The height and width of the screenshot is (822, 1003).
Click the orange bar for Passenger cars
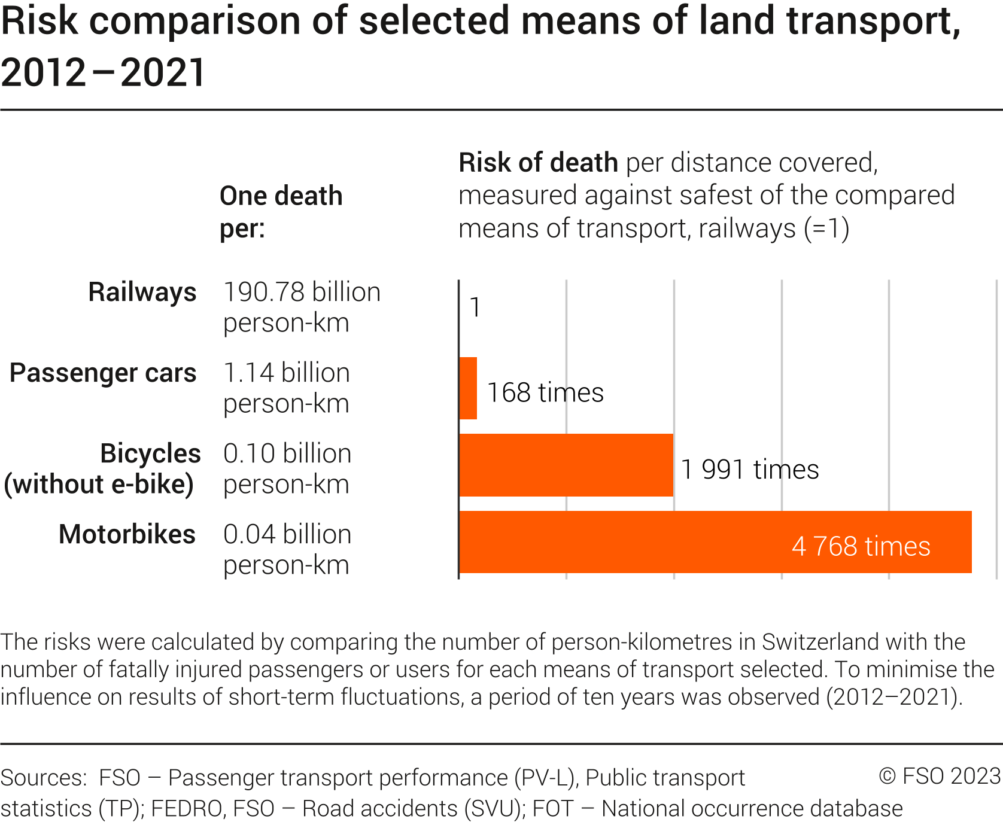click(x=468, y=388)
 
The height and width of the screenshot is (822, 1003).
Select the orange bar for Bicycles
click(x=566, y=465)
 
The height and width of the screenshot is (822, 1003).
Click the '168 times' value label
click(x=545, y=393)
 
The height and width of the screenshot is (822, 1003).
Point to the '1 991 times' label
click(x=750, y=470)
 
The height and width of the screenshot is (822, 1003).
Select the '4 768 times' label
click(x=861, y=546)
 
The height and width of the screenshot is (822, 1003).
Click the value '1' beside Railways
click(x=475, y=308)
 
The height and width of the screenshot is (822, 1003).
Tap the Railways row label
click(x=142, y=293)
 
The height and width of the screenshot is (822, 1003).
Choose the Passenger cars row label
click(x=103, y=373)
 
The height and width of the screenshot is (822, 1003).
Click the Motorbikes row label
click(x=127, y=534)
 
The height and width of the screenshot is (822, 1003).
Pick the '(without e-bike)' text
click(x=99, y=485)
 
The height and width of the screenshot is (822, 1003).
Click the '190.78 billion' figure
click(x=302, y=293)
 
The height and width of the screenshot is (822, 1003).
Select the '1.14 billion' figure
click(x=286, y=373)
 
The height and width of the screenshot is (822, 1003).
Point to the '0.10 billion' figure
click(x=287, y=453)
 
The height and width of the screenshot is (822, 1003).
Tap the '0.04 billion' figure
click(x=287, y=534)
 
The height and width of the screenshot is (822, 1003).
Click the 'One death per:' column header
click(x=281, y=212)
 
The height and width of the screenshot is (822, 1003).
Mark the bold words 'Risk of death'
click(x=538, y=163)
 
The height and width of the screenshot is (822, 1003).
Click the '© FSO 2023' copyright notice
click(x=940, y=776)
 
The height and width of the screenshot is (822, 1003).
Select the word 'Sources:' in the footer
click(x=44, y=778)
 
